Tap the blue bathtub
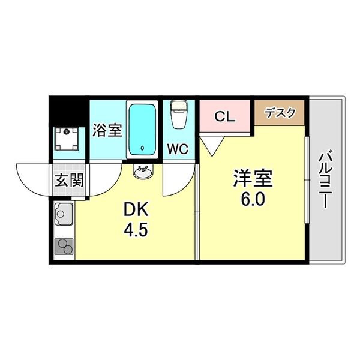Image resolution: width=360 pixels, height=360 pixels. tap(142, 128)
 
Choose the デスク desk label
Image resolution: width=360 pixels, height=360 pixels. tap(280, 112)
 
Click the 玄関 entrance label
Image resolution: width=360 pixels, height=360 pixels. tap(69, 179)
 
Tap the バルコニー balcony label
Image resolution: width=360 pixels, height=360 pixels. tap(326, 180)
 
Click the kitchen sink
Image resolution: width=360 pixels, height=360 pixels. tap(62, 212)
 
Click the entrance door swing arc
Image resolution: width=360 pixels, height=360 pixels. tap(31, 177)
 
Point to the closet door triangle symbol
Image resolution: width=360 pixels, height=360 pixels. tap(210, 143)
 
